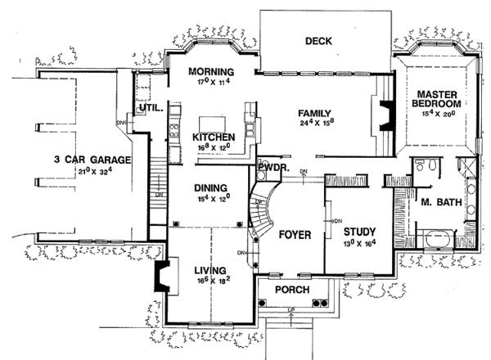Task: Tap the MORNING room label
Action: (211, 70)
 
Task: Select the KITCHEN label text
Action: (214, 136)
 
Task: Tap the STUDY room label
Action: (359, 232)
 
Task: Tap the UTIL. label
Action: (151, 107)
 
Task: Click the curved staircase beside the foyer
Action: (263, 209)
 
